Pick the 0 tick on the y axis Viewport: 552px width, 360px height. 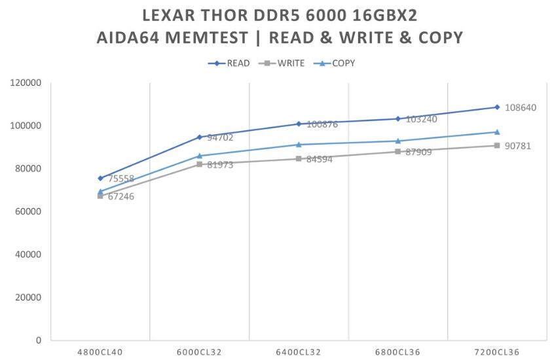pyautogui.click(x=39, y=340)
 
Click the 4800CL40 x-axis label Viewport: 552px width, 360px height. pyautogui.click(x=100, y=352)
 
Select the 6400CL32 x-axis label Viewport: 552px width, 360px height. pyautogui.click(x=299, y=352)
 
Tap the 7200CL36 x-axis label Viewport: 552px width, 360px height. pyautogui.click(x=497, y=352)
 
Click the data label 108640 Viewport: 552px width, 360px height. pyautogui.click(x=521, y=107)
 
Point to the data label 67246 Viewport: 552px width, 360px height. pyautogui.click(x=121, y=196)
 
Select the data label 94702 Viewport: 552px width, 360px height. pyautogui.click(x=221, y=138)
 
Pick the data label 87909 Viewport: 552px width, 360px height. pyautogui.click(x=419, y=153)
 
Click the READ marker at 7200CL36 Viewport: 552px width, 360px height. pyautogui.click(x=497, y=107)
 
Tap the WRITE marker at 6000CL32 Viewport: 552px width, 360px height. pyautogui.click(x=200, y=164)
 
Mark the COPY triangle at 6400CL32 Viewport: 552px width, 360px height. pyautogui.click(x=299, y=145)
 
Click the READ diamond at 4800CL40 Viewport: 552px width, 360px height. pyautogui.click(x=100, y=178)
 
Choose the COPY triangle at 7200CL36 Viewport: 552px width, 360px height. pyautogui.click(x=497, y=132)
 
